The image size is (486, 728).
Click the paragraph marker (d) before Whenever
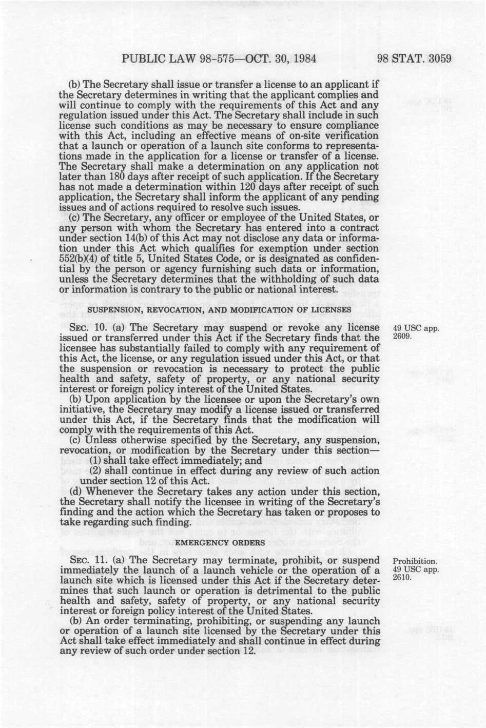(x=75, y=491)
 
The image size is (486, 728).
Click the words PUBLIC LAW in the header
(x=156, y=58)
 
